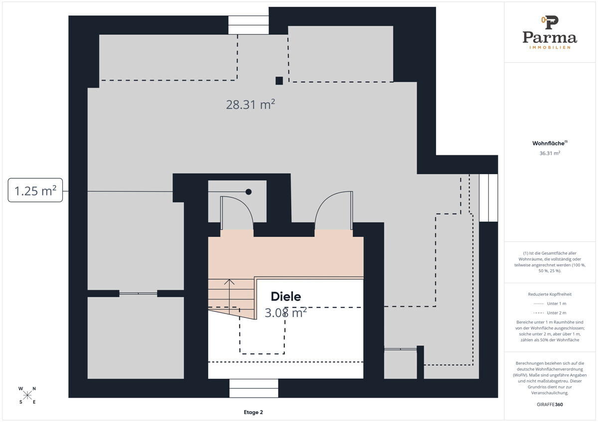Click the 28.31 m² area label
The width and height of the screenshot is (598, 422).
pos(250,105)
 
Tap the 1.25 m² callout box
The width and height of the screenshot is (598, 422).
pos(35,190)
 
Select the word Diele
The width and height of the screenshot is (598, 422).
pos(286,297)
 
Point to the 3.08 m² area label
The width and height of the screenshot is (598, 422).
pos(286,313)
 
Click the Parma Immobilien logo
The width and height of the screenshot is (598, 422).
pos(550,32)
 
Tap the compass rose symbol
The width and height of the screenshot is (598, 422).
pos(27,395)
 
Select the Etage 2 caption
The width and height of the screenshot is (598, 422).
pos(253,412)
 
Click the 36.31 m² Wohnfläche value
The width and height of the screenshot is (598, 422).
pos(550,153)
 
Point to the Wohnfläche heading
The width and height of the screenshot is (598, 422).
pos(550,143)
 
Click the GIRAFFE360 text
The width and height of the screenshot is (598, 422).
pos(550,405)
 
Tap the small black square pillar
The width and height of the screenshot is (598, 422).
pos(279,81)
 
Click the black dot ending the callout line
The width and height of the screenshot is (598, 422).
pos(249,192)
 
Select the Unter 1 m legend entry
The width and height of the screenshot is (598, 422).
pos(550,304)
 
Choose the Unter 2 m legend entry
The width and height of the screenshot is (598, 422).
pos(550,313)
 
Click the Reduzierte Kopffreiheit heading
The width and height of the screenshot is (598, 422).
pos(550,294)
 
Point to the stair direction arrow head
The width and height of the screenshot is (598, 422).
pos(229,281)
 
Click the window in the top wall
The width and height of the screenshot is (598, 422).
pos(248,25)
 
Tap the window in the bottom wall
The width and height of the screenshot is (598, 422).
pos(254,388)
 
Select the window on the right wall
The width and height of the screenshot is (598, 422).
pos(488,198)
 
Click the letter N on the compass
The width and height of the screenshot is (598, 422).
pos(34,389)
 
